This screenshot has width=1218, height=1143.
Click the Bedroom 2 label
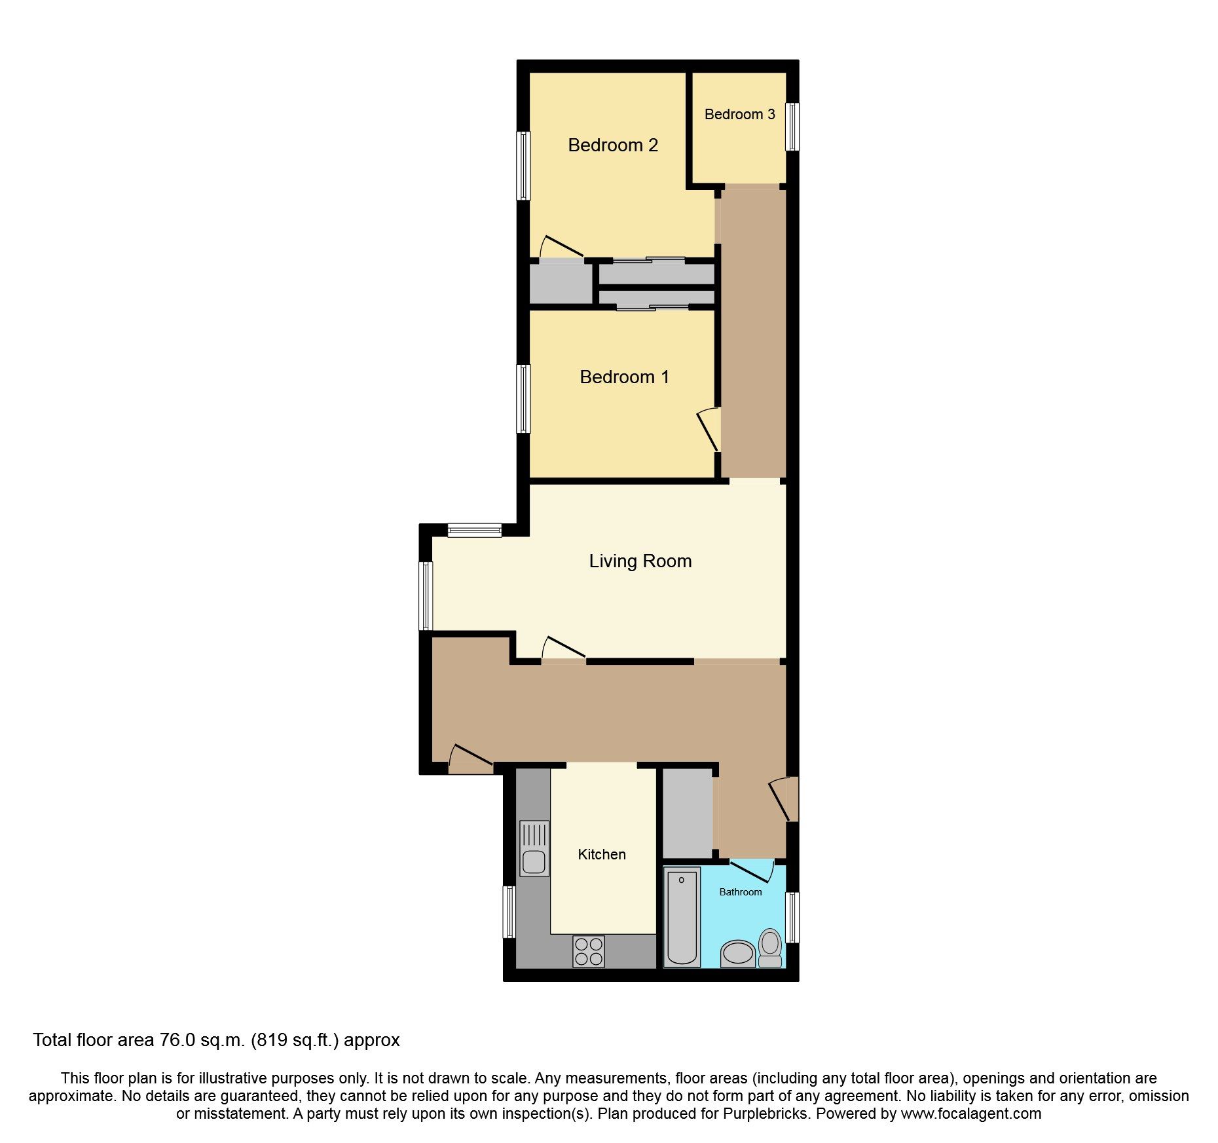612,145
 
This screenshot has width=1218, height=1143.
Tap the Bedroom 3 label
739,115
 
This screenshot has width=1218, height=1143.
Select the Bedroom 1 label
624,377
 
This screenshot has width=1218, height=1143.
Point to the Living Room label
640,561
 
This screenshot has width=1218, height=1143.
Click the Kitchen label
602,854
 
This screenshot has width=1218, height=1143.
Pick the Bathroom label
740,891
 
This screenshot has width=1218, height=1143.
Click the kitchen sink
534,848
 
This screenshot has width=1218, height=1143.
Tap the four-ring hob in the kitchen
588,951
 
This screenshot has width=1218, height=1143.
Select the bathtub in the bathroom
682,917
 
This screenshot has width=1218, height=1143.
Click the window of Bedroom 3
792,126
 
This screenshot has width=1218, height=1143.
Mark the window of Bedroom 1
523,398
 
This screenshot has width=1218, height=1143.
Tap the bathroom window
792,917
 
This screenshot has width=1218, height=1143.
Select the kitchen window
509,911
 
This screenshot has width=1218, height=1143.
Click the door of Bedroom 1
709,430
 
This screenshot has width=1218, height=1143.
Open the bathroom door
752,871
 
